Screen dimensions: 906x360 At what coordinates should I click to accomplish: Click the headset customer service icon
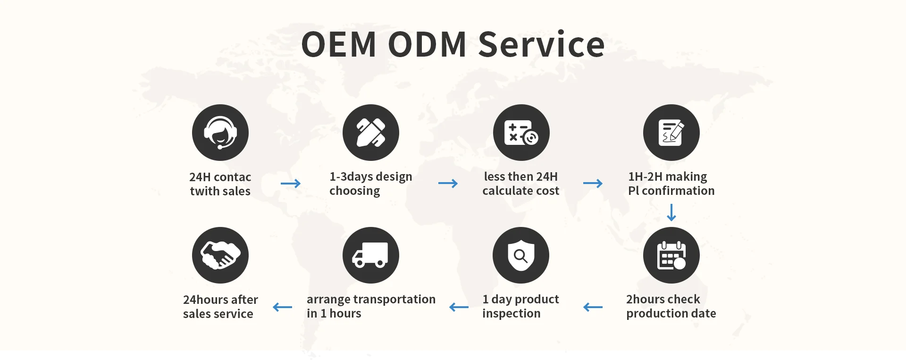click(x=220, y=133)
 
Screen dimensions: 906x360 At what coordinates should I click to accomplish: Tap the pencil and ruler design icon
click(x=371, y=133)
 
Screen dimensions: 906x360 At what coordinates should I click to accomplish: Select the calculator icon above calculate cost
click(x=521, y=133)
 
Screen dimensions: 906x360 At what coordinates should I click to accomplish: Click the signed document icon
click(x=671, y=133)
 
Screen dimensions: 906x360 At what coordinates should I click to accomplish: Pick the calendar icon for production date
click(x=671, y=255)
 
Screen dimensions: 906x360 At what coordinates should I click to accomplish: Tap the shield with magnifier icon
click(x=521, y=255)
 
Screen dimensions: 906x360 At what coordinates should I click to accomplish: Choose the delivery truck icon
click(x=371, y=255)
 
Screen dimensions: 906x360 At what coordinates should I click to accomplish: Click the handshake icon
click(x=220, y=255)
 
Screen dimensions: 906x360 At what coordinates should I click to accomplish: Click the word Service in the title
click(x=541, y=44)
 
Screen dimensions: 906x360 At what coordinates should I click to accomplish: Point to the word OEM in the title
click(x=338, y=44)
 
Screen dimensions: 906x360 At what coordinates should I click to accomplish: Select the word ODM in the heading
click(x=427, y=44)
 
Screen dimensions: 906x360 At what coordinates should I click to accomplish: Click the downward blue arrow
click(x=671, y=212)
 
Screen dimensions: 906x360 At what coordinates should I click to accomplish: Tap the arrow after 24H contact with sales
click(x=291, y=184)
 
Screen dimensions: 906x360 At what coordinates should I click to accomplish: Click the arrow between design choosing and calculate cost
click(x=448, y=184)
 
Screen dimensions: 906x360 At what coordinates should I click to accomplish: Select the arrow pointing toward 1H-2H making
click(x=593, y=184)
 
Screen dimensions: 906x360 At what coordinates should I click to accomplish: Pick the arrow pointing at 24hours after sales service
click(x=282, y=307)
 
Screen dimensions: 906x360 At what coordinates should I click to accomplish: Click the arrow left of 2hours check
click(x=593, y=307)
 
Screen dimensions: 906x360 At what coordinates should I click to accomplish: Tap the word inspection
click(x=511, y=314)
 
